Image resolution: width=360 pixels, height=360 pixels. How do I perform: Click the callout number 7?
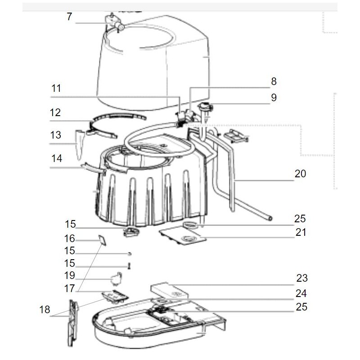coord(69,17)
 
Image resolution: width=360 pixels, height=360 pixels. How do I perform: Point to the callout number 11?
coord(56,88)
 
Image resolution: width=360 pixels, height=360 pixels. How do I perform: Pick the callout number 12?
coord(55,112)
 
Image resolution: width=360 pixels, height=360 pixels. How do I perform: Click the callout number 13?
coord(55,135)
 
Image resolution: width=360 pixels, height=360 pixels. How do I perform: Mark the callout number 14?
coord(56,159)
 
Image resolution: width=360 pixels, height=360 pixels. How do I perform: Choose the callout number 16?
coord(69,238)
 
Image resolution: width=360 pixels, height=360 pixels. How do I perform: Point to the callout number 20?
coord(300,173)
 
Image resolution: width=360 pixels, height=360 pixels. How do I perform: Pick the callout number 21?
coord(300,233)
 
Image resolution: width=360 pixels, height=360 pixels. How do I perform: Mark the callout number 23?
coord(301,278)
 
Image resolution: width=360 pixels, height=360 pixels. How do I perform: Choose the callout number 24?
coord(301,293)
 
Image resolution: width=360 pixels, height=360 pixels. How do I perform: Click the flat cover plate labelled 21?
coord(180,235)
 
